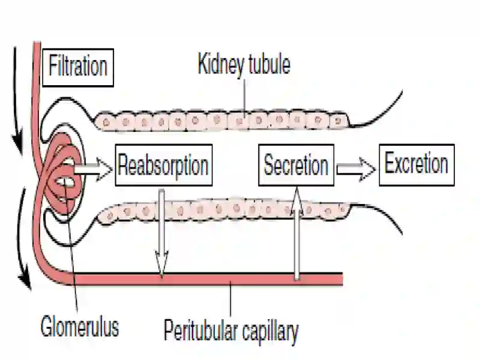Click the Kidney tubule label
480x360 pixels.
click(244, 64)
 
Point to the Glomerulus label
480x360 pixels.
click(80, 326)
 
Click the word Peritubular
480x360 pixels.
click(200, 331)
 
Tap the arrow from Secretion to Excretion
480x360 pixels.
click(356, 169)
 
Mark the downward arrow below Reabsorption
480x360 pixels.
click(161, 233)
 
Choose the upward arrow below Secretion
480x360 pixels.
click(296, 233)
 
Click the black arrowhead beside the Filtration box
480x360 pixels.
click(18, 142)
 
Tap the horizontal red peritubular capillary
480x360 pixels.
click(208, 279)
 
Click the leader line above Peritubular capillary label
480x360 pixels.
click(230, 299)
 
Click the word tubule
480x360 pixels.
click(269, 64)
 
